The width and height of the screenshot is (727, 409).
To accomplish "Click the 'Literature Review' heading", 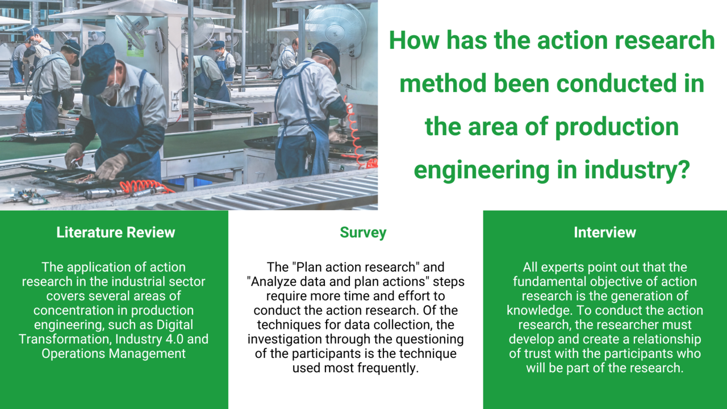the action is pyautogui.click(x=115, y=232).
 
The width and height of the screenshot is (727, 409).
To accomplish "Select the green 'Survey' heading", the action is pyautogui.click(x=363, y=233).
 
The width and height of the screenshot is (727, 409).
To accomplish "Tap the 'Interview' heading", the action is pyautogui.click(x=605, y=232).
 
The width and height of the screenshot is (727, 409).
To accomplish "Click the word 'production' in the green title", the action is pyautogui.click(x=617, y=127).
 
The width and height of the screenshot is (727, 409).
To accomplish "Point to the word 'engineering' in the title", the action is pyautogui.click(x=482, y=170).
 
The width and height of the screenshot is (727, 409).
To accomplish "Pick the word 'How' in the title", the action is pyautogui.click(x=414, y=40).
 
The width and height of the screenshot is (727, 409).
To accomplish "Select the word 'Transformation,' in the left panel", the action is pyautogui.click(x=65, y=339).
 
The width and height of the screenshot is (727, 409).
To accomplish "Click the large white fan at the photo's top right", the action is pyautogui.click(x=336, y=28).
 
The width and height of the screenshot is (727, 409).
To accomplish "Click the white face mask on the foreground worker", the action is pyautogui.click(x=110, y=90).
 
